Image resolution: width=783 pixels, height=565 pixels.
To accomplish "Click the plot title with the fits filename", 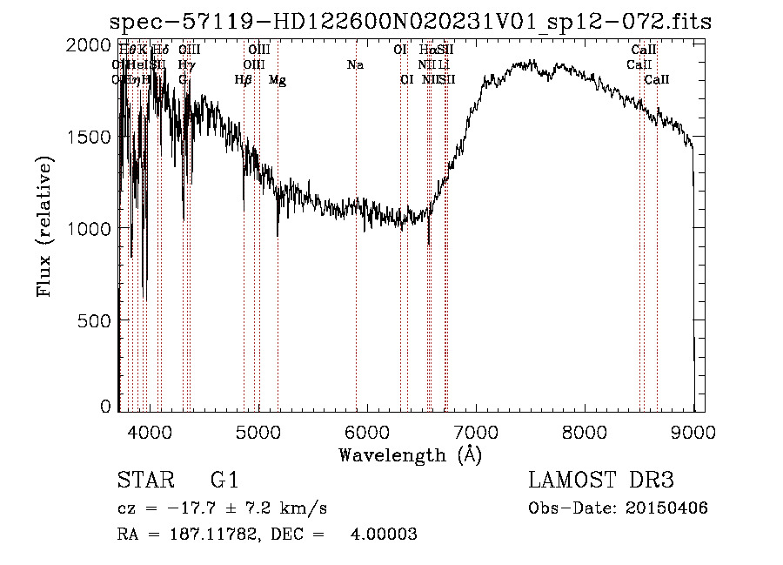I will [411, 22].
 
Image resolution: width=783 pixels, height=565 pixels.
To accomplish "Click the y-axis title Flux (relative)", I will [43, 225].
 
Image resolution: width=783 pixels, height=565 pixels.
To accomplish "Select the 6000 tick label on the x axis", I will [367, 431].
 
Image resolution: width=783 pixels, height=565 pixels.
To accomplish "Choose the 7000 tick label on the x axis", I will [476, 431].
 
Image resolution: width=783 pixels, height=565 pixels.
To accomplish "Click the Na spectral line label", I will [355, 64].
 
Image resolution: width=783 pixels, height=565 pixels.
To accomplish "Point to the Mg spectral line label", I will [277, 80].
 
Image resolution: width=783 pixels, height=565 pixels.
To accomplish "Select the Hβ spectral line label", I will [244, 80].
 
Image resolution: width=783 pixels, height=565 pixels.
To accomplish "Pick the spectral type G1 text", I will [224, 481].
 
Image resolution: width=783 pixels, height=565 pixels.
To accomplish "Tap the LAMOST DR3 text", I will [600, 481].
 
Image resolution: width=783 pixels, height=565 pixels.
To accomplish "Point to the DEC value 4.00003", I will [384, 535].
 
